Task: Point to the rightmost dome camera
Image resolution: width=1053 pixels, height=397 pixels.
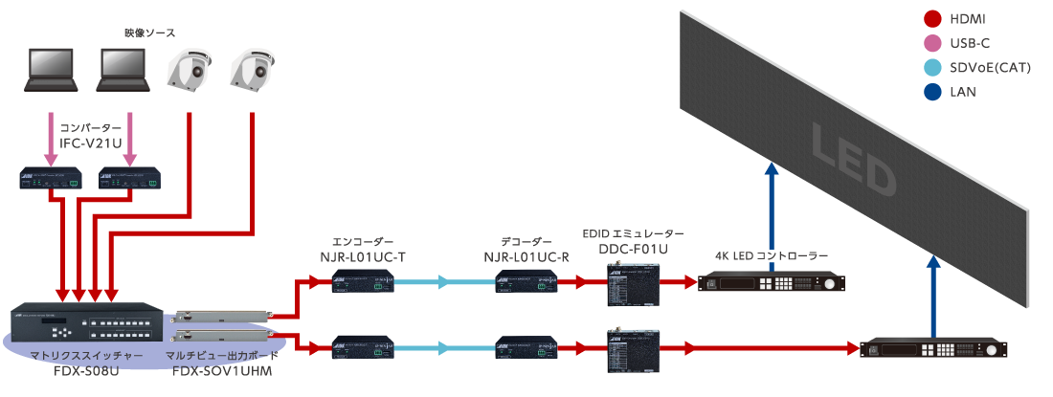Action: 252,72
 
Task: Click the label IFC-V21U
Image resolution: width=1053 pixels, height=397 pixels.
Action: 90,143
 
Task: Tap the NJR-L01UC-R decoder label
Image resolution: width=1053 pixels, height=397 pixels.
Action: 526,256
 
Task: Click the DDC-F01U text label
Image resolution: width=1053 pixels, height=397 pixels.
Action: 633,249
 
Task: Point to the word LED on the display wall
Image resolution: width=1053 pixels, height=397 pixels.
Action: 852,159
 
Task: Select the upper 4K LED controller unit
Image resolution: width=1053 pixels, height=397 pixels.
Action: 772,284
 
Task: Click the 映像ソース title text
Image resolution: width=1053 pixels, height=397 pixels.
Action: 150,33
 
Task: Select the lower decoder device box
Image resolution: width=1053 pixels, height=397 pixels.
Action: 526,347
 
